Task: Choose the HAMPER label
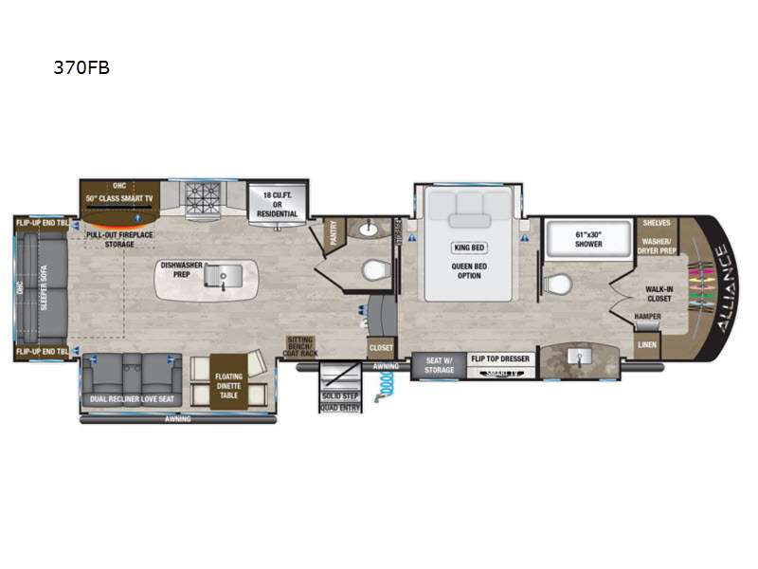click(x=648, y=317)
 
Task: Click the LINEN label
click(x=647, y=344)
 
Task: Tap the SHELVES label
click(x=657, y=223)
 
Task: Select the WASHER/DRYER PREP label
click(x=658, y=246)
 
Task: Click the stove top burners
click(x=201, y=198)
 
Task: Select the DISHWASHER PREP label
click(x=179, y=269)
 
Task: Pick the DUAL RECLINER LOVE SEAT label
click(x=131, y=399)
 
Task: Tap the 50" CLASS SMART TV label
click(x=119, y=198)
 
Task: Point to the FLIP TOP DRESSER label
click(x=502, y=360)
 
